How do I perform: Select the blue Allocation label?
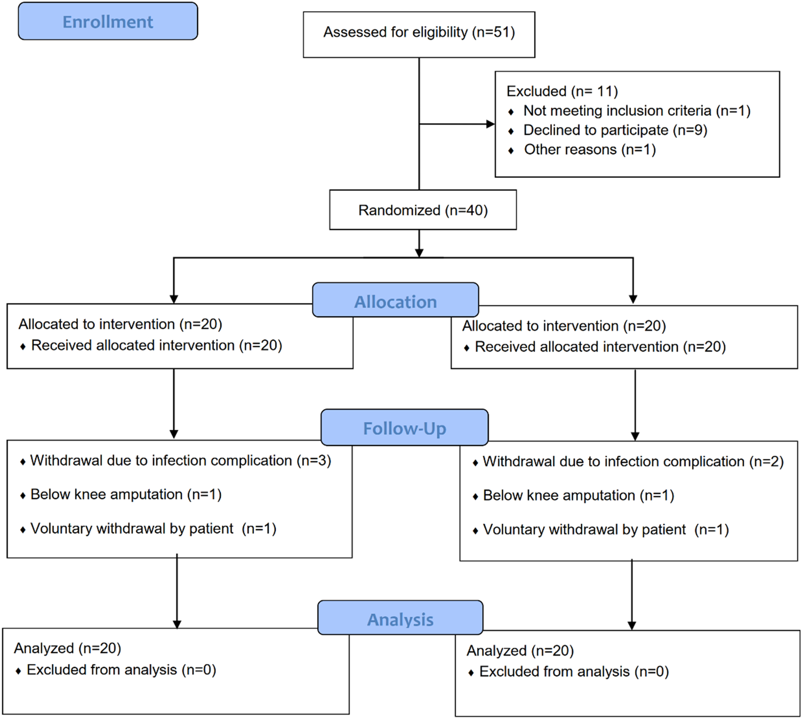pos(395,300)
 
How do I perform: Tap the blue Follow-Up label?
pos(404,427)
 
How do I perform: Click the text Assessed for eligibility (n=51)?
pos(419,32)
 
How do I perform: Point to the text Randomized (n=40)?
pos(423,210)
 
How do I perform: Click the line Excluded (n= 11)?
pos(562,91)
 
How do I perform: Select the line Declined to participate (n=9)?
pos(615,130)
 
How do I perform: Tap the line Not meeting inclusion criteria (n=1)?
pos(637,111)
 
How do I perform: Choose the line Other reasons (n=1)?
pos(590,149)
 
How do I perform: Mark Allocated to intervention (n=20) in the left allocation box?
pos(120,324)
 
